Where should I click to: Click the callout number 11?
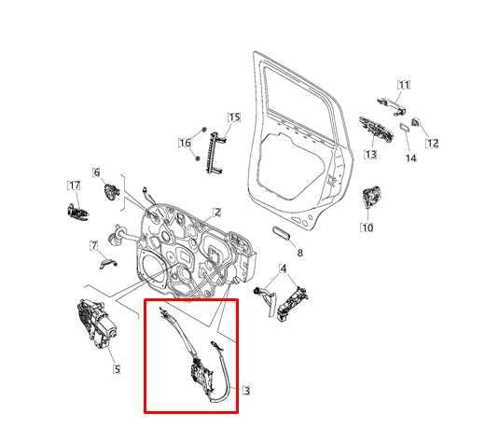[404, 85]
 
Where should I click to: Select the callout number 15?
[233, 117]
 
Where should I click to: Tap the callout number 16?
[185, 143]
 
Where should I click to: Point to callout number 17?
[74, 185]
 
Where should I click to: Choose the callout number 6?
[95, 172]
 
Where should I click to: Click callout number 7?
[94, 245]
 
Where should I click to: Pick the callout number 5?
[116, 368]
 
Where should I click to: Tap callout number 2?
[216, 213]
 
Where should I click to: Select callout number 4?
[284, 269]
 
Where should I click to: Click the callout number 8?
[299, 253]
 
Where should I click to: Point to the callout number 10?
[367, 227]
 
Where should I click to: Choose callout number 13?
[370, 154]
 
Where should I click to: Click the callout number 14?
[410, 158]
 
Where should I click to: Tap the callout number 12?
[432, 143]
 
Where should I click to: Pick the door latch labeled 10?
[369, 199]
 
